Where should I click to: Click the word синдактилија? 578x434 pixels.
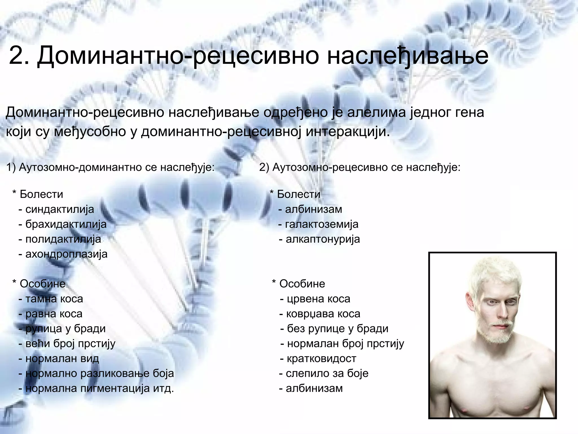point(60,209)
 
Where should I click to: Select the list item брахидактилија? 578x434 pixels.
point(66,224)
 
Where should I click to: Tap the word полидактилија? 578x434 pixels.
point(63,239)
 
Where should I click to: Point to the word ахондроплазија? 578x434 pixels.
point(66,254)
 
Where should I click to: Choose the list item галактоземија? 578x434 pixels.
point(321,224)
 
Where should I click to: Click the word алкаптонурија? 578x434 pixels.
point(323,239)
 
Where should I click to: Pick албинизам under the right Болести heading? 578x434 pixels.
point(313,209)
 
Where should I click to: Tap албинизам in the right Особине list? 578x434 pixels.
point(314,389)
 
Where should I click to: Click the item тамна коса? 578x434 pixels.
point(54,299)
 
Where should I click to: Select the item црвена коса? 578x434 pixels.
point(318,299)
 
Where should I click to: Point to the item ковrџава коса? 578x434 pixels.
point(323,314)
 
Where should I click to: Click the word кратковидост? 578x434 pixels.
point(321,359)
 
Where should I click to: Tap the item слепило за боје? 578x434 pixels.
point(327,374)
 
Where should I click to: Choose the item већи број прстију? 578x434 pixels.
point(70,344)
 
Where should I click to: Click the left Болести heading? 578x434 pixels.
point(41,194)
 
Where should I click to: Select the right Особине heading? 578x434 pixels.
point(302,284)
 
